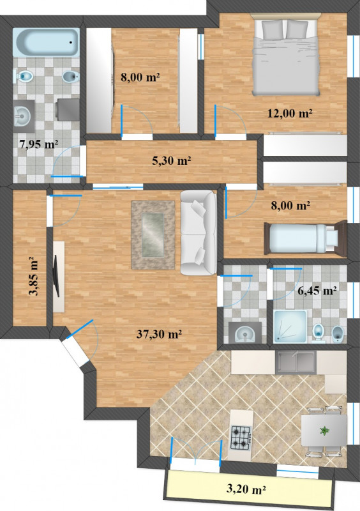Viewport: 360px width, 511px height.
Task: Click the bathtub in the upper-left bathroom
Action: [x=46, y=42]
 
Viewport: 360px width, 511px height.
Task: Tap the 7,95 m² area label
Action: [x=39, y=144]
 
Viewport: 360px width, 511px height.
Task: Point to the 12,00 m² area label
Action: [x=290, y=113]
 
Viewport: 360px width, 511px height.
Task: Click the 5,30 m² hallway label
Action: [x=172, y=160]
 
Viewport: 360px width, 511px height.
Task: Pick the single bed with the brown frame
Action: [x=305, y=238]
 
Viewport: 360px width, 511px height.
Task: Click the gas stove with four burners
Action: [x=241, y=438]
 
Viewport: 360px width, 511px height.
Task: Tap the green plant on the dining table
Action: [x=324, y=431]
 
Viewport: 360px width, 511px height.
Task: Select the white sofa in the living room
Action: [x=199, y=233]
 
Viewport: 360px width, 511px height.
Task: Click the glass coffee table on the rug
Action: [x=153, y=235]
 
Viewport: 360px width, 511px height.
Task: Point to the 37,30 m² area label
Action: [x=159, y=333]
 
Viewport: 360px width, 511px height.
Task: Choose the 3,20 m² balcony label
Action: [x=246, y=489]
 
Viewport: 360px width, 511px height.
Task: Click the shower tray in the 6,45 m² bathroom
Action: [x=290, y=326]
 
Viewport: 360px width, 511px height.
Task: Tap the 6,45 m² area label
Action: [x=317, y=290]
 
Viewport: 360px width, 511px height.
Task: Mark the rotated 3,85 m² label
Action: [x=33, y=276]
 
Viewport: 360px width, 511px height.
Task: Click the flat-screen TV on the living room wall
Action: [x=56, y=276]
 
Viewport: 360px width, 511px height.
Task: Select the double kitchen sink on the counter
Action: [x=296, y=362]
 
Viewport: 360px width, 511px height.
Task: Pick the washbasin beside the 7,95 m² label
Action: [x=24, y=116]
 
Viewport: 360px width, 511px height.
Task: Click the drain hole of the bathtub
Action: [x=70, y=42]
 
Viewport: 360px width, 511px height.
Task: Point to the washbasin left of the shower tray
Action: [x=245, y=333]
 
